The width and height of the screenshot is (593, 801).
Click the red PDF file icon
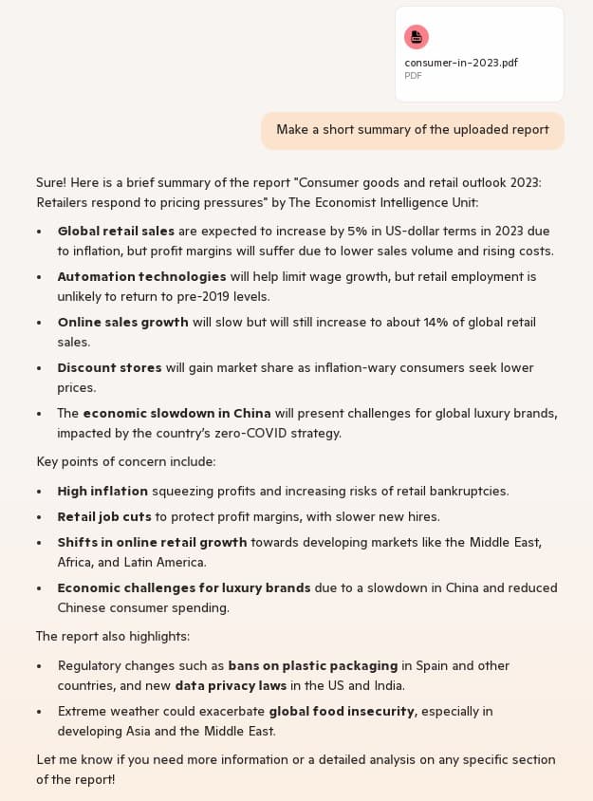(x=416, y=37)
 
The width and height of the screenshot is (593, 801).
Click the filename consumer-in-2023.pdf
(x=461, y=63)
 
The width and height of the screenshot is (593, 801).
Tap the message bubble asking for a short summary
(x=412, y=130)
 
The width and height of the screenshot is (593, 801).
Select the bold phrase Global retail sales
(x=116, y=231)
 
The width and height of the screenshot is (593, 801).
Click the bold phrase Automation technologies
(x=141, y=276)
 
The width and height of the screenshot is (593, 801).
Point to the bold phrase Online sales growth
(x=122, y=322)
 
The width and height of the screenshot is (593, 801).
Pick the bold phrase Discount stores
(x=109, y=367)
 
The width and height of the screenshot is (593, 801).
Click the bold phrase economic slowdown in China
(x=176, y=413)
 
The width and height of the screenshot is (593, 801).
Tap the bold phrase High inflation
(x=102, y=491)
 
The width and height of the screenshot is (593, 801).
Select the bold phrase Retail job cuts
(x=104, y=516)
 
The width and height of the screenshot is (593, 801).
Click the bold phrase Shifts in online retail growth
(x=152, y=542)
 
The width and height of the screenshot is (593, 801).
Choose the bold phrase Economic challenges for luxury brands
(x=184, y=587)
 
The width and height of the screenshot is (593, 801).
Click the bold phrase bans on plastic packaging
(x=312, y=665)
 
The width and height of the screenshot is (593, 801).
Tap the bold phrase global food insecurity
(x=342, y=711)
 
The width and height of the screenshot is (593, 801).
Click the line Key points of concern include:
(x=126, y=461)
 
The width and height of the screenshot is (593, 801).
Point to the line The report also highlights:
(x=113, y=636)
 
